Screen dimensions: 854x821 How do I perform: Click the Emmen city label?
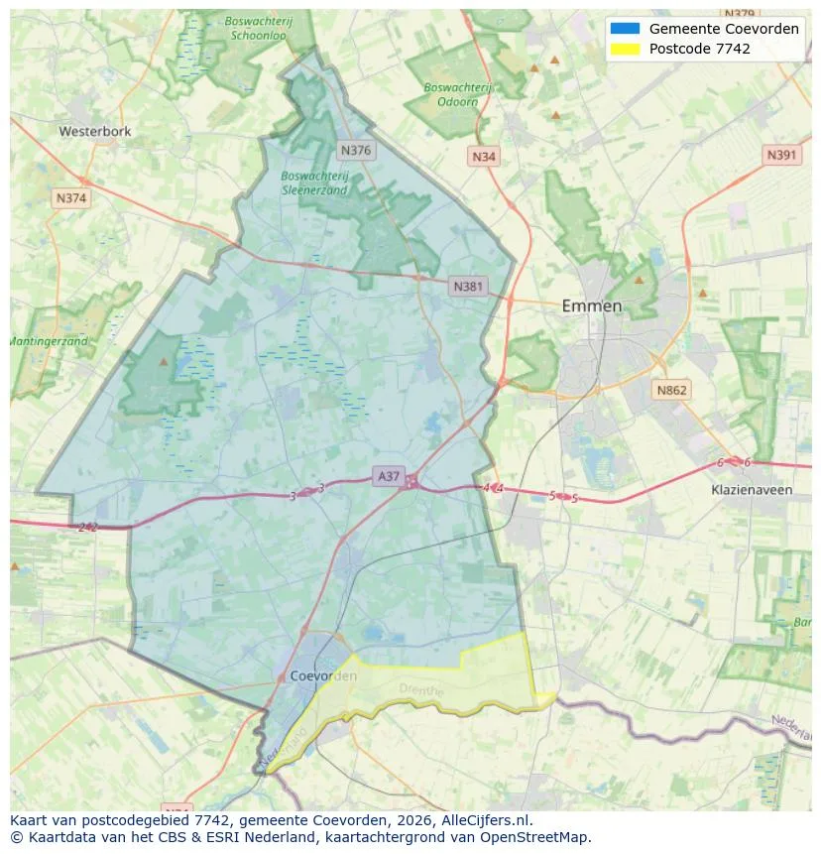[x=592, y=305]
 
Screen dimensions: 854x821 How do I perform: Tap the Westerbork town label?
[x=95, y=131]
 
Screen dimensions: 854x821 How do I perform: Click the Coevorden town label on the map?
[x=324, y=675]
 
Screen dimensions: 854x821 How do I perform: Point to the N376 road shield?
[x=354, y=150]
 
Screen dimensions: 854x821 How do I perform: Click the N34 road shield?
[x=483, y=157]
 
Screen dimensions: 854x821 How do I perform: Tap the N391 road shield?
[x=782, y=155]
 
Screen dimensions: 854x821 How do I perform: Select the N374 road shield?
[x=71, y=197]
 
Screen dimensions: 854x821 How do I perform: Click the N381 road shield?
[x=468, y=287]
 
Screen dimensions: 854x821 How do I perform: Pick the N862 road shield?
[x=671, y=390]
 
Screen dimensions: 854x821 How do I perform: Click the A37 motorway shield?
[x=389, y=476]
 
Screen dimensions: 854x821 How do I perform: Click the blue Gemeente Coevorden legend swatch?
[x=626, y=29]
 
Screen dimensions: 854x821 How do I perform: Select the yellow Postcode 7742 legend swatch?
[x=626, y=49]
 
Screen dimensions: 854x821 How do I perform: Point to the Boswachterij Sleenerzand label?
[x=314, y=183]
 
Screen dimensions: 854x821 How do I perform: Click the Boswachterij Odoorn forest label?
[x=457, y=94]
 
